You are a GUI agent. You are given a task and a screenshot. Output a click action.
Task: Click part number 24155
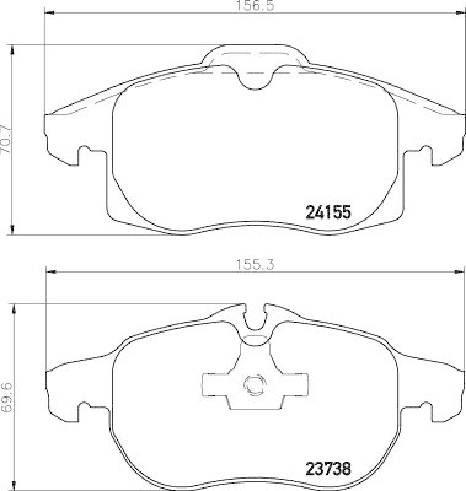[328, 212]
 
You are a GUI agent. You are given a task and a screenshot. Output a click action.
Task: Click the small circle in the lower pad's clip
[253, 385]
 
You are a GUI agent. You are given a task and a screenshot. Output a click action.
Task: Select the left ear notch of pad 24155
[84, 153]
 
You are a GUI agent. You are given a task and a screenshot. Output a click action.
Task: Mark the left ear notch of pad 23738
[84, 409]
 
